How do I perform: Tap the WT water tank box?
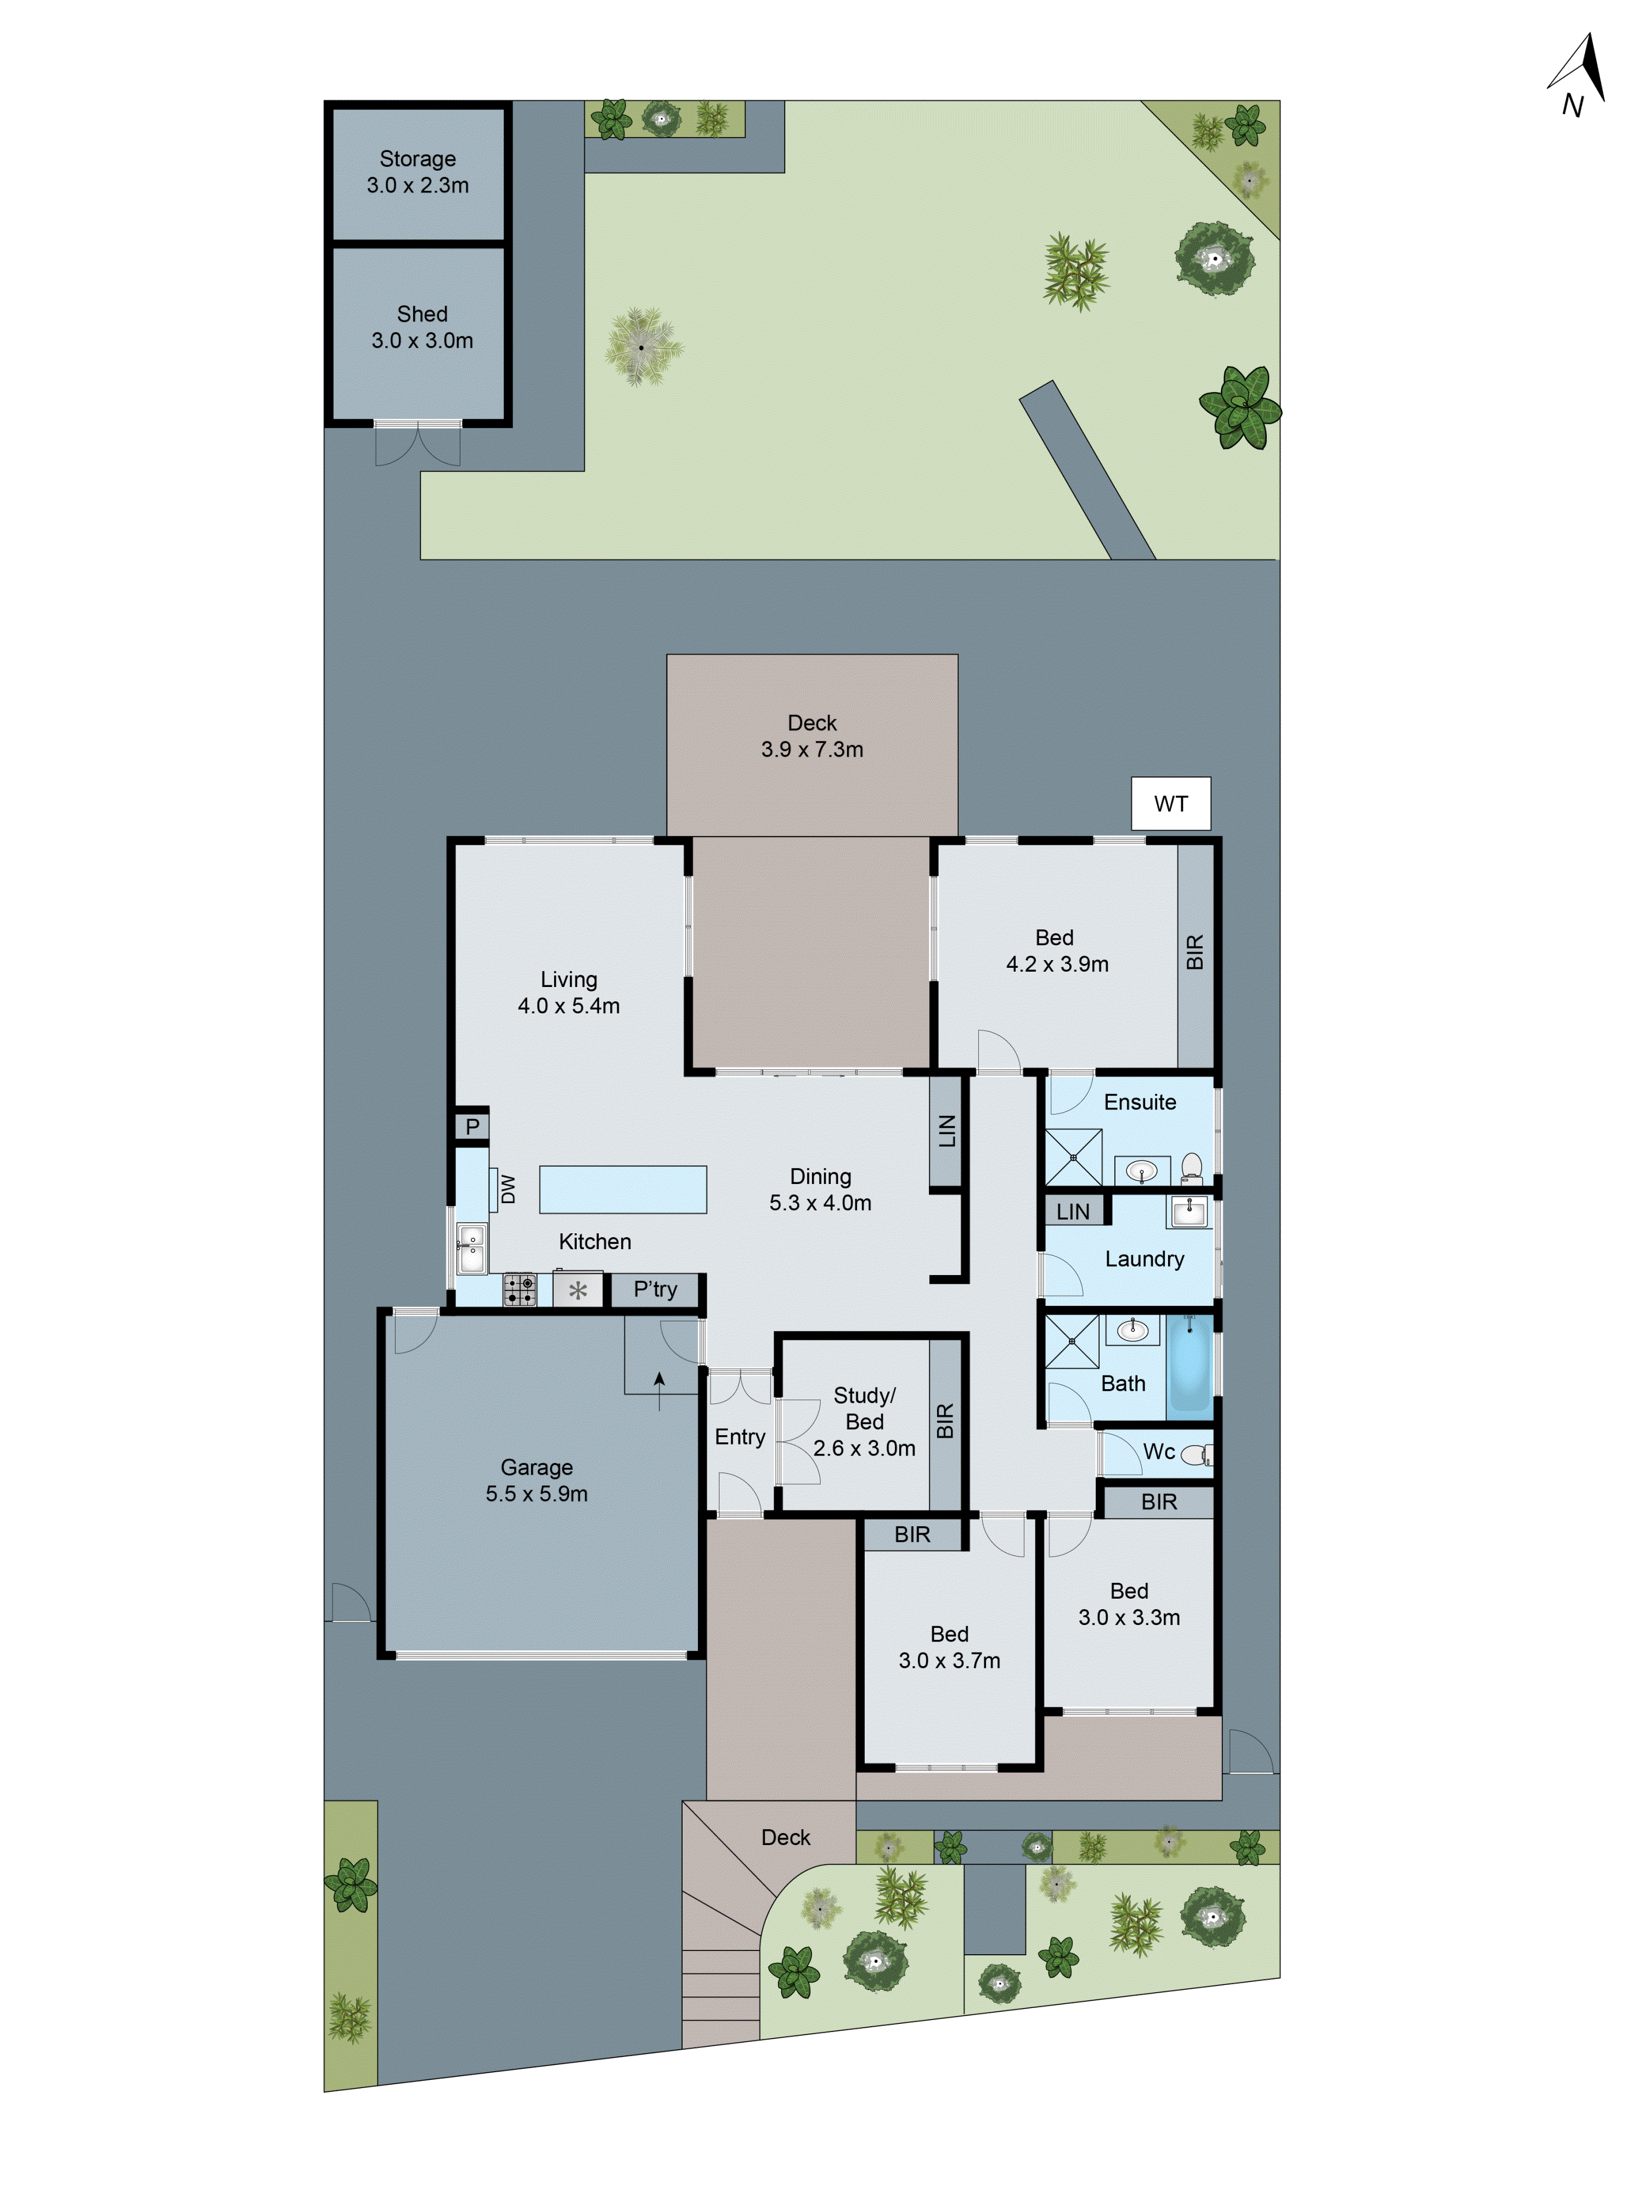tap(1171, 803)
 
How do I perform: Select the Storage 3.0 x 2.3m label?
tap(418, 172)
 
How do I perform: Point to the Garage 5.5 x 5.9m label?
tap(537, 1480)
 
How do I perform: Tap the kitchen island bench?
tap(622, 1189)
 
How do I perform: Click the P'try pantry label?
tap(655, 1289)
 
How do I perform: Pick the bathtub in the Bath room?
tap(1190, 1362)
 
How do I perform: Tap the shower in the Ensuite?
tap(1074, 1157)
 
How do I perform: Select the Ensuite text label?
tap(1140, 1102)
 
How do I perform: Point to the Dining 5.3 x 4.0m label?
tap(820, 1189)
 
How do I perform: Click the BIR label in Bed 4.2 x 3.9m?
tap(1194, 952)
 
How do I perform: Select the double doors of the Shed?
tap(418, 443)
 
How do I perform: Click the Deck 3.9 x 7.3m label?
tap(811, 736)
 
